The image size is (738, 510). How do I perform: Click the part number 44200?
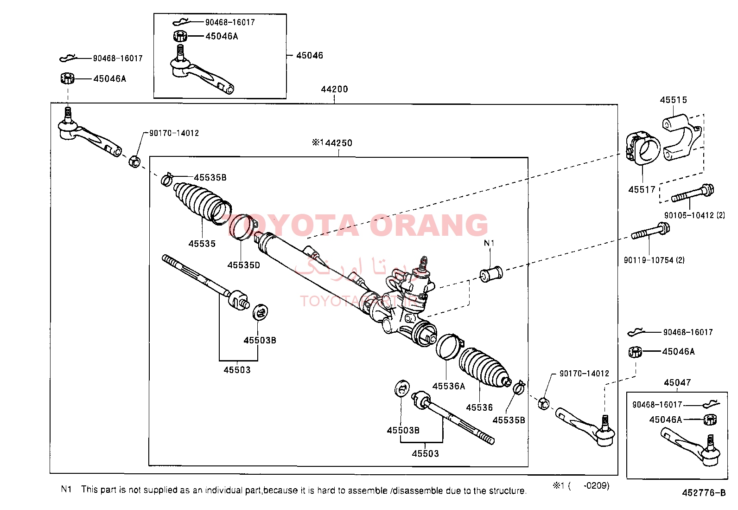(x=334, y=89)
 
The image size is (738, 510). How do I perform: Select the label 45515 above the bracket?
(x=673, y=100)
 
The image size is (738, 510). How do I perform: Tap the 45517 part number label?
(x=642, y=189)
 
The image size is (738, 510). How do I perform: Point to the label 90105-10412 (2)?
(x=694, y=215)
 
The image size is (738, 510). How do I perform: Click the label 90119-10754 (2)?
(x=654, y=260)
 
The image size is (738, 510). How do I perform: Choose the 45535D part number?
(x=243, y=265)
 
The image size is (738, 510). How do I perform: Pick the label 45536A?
(x=448, y=386)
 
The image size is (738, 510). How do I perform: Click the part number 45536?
(x=479, y=407)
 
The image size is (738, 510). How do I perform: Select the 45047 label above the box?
(x=677, y=382)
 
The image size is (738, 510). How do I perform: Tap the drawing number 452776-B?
(x=703, y=493)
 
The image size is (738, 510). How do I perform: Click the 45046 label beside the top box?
(x=309, y=55)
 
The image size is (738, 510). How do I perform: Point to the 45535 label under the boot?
(x=202, y=244)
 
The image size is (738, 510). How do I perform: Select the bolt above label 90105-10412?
(x=693, y=194)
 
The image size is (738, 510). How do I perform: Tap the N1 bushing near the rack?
(x=491, y=273)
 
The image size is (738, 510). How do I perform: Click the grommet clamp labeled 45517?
(x=643, y=148)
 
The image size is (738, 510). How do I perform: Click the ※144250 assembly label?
(x=332, y=143)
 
